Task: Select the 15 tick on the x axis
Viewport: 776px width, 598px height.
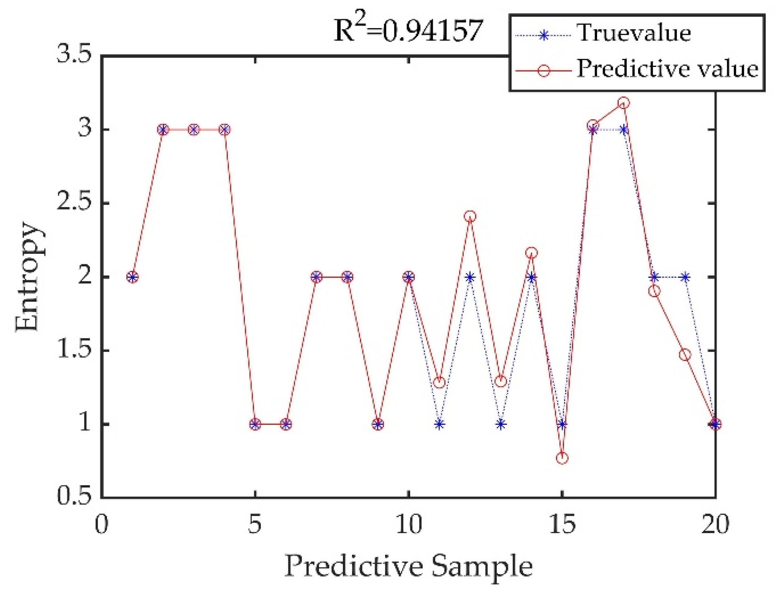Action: coord(562,524)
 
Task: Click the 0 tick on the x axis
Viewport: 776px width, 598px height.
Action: coord(102,524)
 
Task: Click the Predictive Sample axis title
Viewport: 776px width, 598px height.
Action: coord(408,565)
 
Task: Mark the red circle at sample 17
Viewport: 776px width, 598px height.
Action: coord(623,103)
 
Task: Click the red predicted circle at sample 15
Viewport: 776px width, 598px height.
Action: coord(562,458)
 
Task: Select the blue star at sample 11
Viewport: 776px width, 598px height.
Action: coord(439,424)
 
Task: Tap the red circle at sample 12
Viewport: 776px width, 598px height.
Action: coord(470,216)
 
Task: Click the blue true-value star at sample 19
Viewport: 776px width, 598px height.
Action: coord(685,277)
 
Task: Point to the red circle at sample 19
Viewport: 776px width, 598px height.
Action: coord(685,355)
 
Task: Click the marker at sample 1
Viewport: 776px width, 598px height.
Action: coord(133,277)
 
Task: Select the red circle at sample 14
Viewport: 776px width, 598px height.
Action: coord(531,253)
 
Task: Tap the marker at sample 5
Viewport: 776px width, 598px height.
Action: coord(255,424)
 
